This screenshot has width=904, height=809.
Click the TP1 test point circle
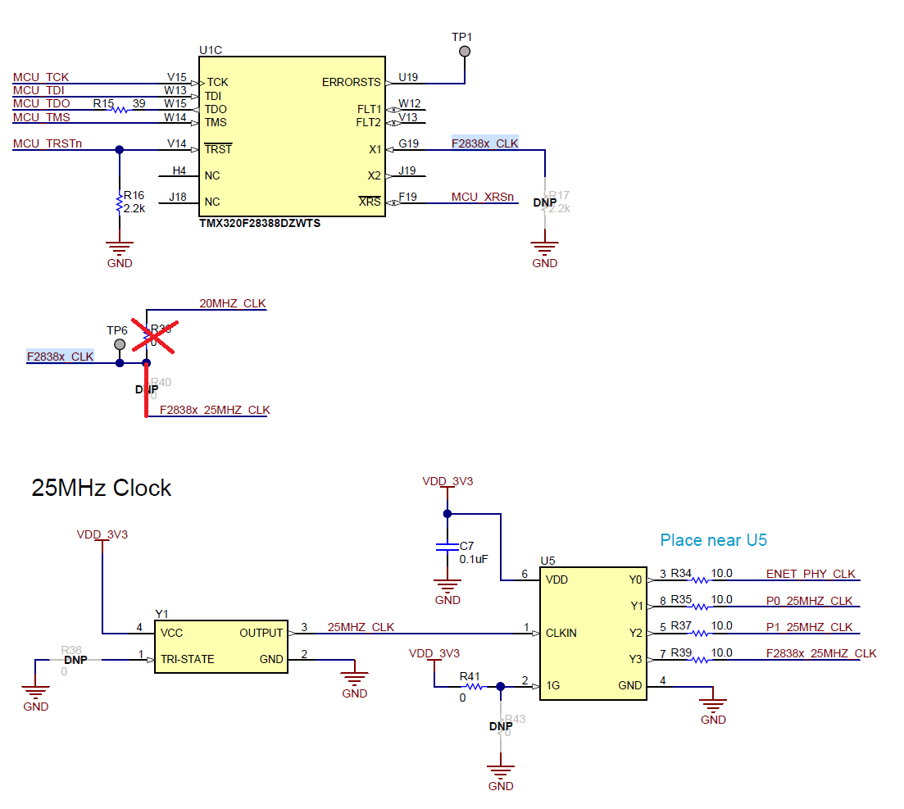pyautogui.click(x=465, y=52)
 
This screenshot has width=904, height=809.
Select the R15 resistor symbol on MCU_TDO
pyautogui.click(x=120, y=109)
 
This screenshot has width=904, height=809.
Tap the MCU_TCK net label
pyautogui.click(x=41, y=77)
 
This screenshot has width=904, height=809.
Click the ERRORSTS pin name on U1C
pyautogui.click(x=351, y=83)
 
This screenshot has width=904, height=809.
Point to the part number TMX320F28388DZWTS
pyautogui.click(x=260, y=223)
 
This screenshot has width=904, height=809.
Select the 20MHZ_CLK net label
pyautogui.click(x=233, y=303)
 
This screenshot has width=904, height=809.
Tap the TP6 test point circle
pyautogui.click(x=120, y=343)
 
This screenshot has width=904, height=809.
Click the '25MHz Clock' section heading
pyautogui.click(x=102, y=488)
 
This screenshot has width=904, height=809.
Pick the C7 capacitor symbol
pyautogui.click(x=447, y=547)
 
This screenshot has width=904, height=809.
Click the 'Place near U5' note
pyautogui.click(x=713, y=540)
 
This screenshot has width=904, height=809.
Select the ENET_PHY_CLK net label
pyautogui.click(x=810, y=574)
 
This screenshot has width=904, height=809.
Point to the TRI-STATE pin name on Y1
pyautogui.click(x=188, y=659)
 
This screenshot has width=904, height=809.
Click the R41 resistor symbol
pyautogui.click(x=474, y=687)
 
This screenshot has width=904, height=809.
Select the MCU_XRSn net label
pyautogui.click(x=483, y=198)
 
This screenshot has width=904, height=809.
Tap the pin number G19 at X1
pyautogui.click(x=409, y=143)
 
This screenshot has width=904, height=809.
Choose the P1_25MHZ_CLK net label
pyautogui.click(x=809, y=627)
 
